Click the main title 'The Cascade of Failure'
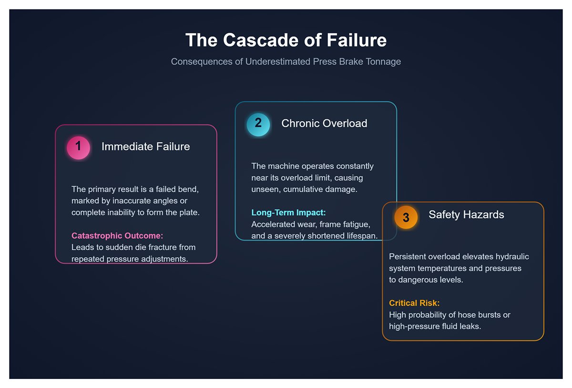[x=286, y=40]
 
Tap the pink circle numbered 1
[x=78, y=147]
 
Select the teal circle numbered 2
[x=258, y=124]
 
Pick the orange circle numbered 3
[x=406, y=218]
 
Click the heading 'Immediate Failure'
[x=145, y=147]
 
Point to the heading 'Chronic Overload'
[x=324, y=124]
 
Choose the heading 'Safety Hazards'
[x=466, y=215]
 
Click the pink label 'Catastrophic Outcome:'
[x=117, y=236]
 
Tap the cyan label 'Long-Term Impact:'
[x=288, y=213]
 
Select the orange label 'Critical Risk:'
[x=414, y=303]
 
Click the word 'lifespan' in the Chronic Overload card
[x=362, y=236]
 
